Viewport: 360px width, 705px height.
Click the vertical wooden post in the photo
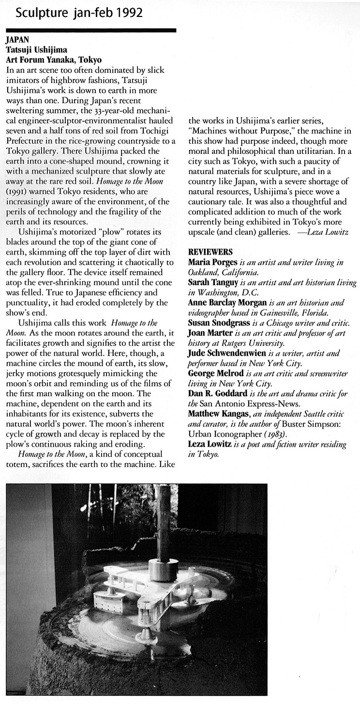click(164, 523)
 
